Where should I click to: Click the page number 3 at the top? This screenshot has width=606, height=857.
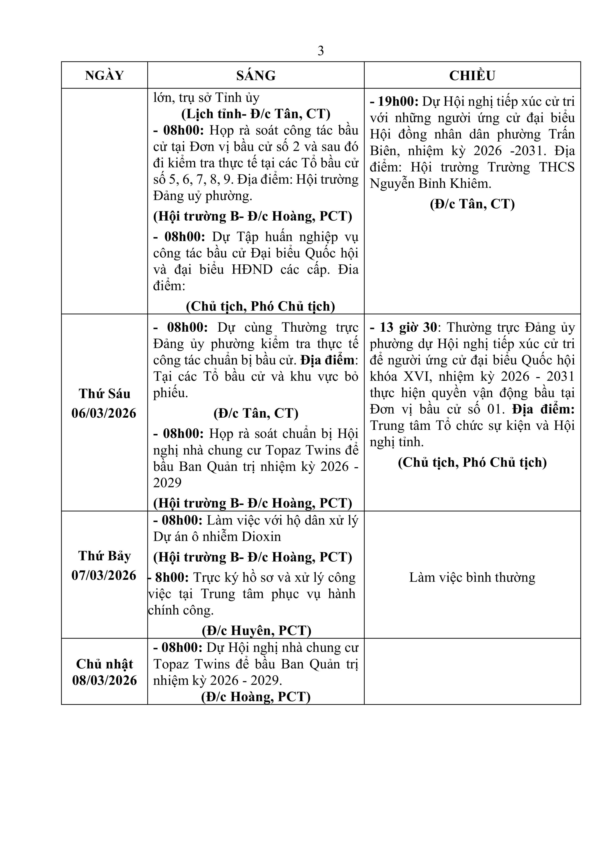pos(320,51)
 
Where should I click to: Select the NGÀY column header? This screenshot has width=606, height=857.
pos(104,75)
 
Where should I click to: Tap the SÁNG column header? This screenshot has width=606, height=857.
pos(256,75)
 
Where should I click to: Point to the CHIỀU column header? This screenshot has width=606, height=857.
pos(472,75)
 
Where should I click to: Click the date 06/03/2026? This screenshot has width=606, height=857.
pos(104,413)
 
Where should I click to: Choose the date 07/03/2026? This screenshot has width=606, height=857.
pos(104,575)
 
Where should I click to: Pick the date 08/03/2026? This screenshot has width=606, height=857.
pos(105,680)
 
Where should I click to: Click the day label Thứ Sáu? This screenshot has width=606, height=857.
pos(105,394)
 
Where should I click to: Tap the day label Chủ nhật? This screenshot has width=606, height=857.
pos(105,664)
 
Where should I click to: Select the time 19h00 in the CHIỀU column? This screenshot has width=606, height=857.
pos(398,101)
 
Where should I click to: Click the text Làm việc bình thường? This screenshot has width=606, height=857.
pos(472,577)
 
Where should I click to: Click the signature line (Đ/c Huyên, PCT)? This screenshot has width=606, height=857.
pos(256,630)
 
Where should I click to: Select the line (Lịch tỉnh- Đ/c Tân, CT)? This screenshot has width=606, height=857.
pos(256,114)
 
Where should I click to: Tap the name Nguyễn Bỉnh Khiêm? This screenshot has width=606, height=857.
pos(430,184)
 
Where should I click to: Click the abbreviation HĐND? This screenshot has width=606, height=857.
pos(252,269)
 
